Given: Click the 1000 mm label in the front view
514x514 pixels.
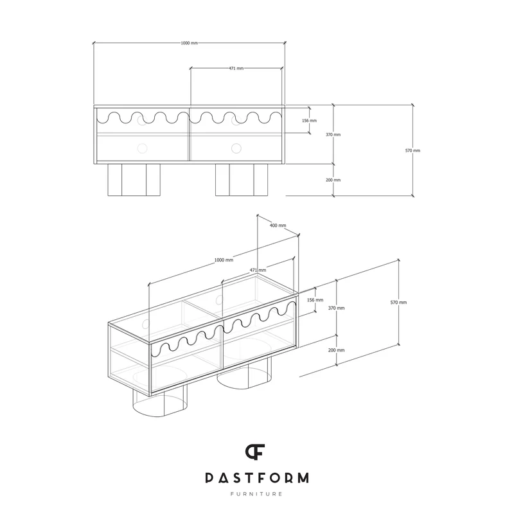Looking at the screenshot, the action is click(189, 43).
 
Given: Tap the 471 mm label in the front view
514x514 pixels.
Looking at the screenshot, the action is click(236, 69).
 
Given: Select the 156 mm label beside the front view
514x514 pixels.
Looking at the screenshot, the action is click(309, 121).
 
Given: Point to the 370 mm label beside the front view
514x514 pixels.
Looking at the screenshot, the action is click(333, 135).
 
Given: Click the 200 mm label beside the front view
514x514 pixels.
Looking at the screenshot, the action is click(333, 180).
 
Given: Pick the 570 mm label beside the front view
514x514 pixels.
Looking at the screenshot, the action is click(412, 151).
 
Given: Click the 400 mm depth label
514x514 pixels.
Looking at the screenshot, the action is click(278, 226).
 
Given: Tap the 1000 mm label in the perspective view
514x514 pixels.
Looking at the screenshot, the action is click(224, 260).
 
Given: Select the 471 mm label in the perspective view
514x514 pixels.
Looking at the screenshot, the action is click(258, 270).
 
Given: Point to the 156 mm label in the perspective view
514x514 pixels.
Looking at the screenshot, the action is click(315, 300).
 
